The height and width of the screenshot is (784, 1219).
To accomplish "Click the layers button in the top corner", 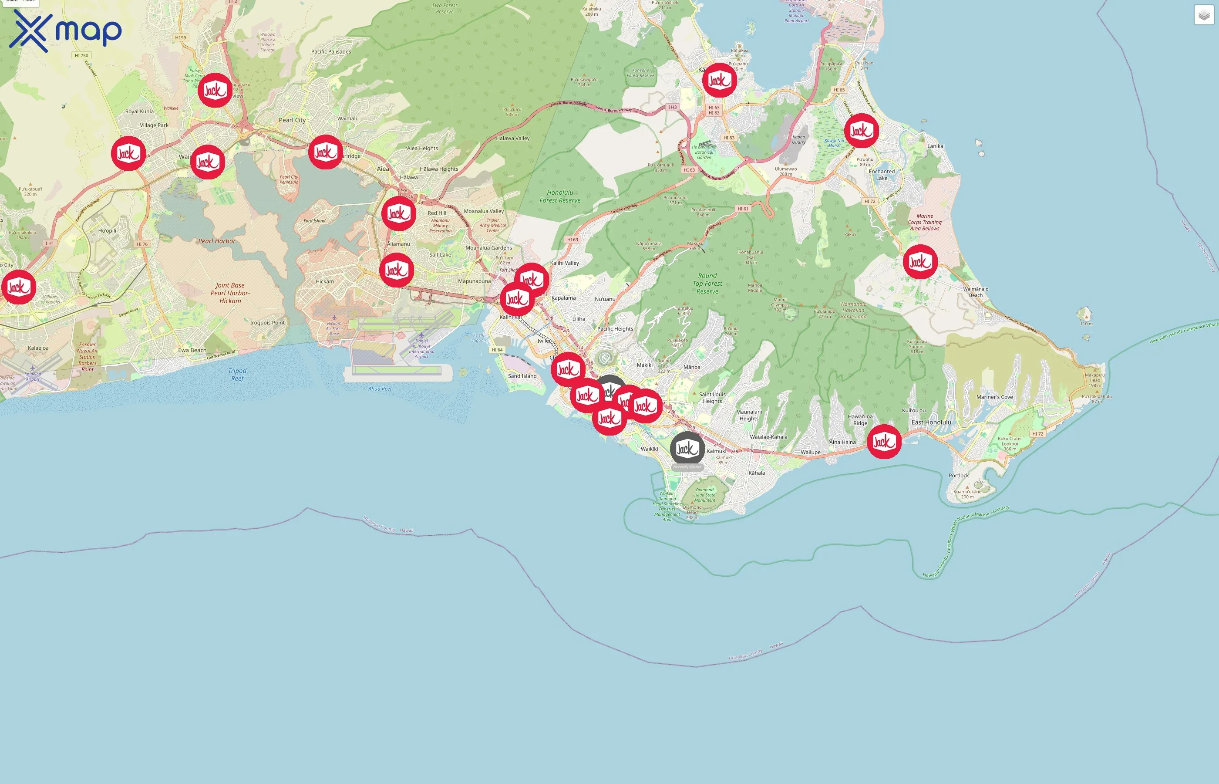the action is pyautogui.click(x=1204, y=15).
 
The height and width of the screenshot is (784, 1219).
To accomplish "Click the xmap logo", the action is pyautogui.click(x=65, y=31).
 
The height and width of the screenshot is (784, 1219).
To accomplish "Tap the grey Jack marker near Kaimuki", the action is pyautogui.click(x=687, y=449).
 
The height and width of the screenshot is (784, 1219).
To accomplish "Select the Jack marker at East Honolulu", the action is pyautogui.click(x=884, y=441).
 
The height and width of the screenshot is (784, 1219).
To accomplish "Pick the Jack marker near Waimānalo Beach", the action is pyautogui.click(x=920, y=262).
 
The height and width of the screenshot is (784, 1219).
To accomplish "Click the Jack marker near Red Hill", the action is pyautogui.click(x=398, y=214).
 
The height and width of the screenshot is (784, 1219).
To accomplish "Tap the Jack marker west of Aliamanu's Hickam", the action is pyautogui.click(x=396, y=270).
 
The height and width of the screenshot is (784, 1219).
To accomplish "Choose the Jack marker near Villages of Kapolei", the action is pyautogui.click(x=19, y=287).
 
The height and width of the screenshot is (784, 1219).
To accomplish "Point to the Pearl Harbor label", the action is pyautogui.click(x=217, y=241).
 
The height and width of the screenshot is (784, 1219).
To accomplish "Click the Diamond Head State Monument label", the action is pyautogui.click(x=705, y=495).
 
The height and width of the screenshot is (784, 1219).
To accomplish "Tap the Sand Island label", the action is pyautogui.click(x=522, y=376).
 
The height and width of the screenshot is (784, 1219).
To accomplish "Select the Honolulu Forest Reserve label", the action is pyautogui.click(x=559, y=196).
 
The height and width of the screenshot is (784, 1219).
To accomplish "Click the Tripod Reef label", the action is pyautogui.click(x=237, y=375).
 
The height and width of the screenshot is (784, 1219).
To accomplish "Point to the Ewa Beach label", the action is pyautogui.click(x=192, y=350).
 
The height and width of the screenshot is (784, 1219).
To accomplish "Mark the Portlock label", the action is pyautogui.click(x=959, y=476).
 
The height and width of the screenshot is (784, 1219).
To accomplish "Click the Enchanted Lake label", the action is pyautogui.click(x=882, y=175).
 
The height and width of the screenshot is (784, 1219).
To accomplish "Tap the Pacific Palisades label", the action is pyautogui.click(x=331, y=51).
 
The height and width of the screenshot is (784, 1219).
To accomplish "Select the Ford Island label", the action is pyautogui.click(x=314, y=221).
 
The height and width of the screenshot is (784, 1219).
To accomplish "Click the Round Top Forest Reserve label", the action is pyautogui.click(x=707, y=284).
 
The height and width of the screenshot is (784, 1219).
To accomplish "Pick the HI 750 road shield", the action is pyautogui.click(x=81, y=55).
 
